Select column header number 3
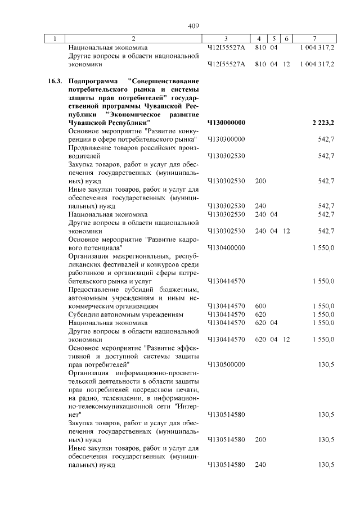226,39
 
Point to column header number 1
55,39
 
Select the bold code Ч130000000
227,122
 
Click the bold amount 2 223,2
323,122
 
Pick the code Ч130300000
227,139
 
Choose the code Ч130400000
227,247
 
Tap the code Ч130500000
227,364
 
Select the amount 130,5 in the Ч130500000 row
326,364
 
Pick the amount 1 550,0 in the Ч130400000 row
323,247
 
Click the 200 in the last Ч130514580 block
260,440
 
